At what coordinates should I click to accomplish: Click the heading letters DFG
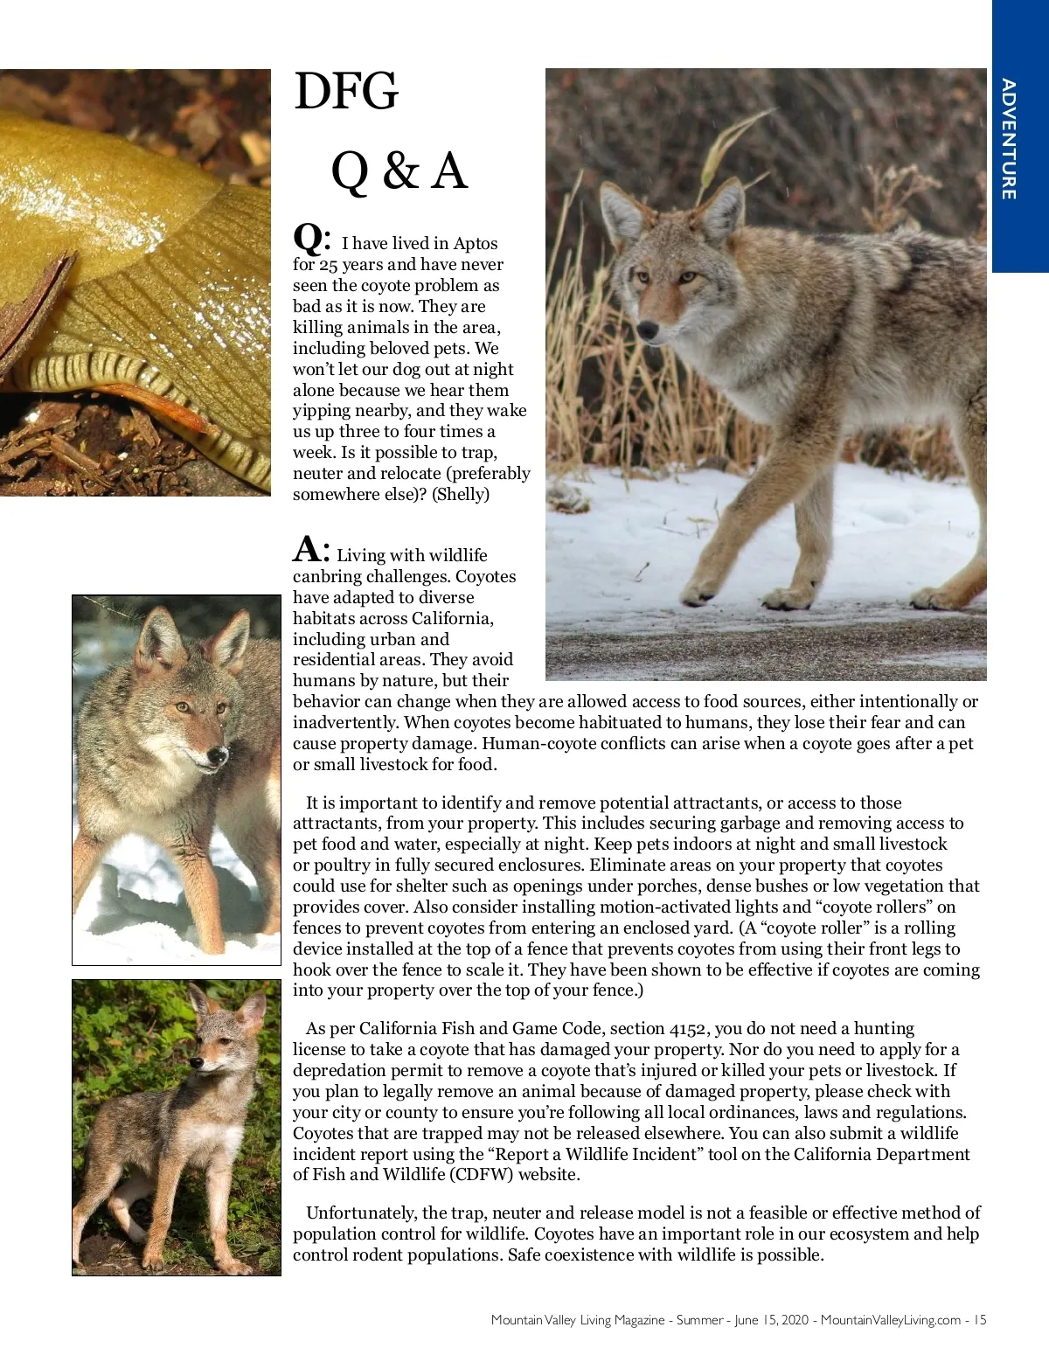click(x=346, y=92)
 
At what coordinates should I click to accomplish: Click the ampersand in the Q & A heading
click(x=399, y=170)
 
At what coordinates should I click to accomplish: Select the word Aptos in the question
click(x=476, y=244)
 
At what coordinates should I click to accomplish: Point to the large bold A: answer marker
click(x=310, y=551)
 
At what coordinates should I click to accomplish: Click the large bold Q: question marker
click(x=311, y=238)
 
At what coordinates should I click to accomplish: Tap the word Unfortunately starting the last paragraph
click(x=362, y=1213)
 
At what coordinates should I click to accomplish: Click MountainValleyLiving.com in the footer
click(x=890, y=1320)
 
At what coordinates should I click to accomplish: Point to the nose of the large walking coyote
click(x=648, y=330)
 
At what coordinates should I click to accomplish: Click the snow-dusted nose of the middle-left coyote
click(x=216, y=754)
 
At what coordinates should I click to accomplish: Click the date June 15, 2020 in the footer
click(x=772, y=1320)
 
